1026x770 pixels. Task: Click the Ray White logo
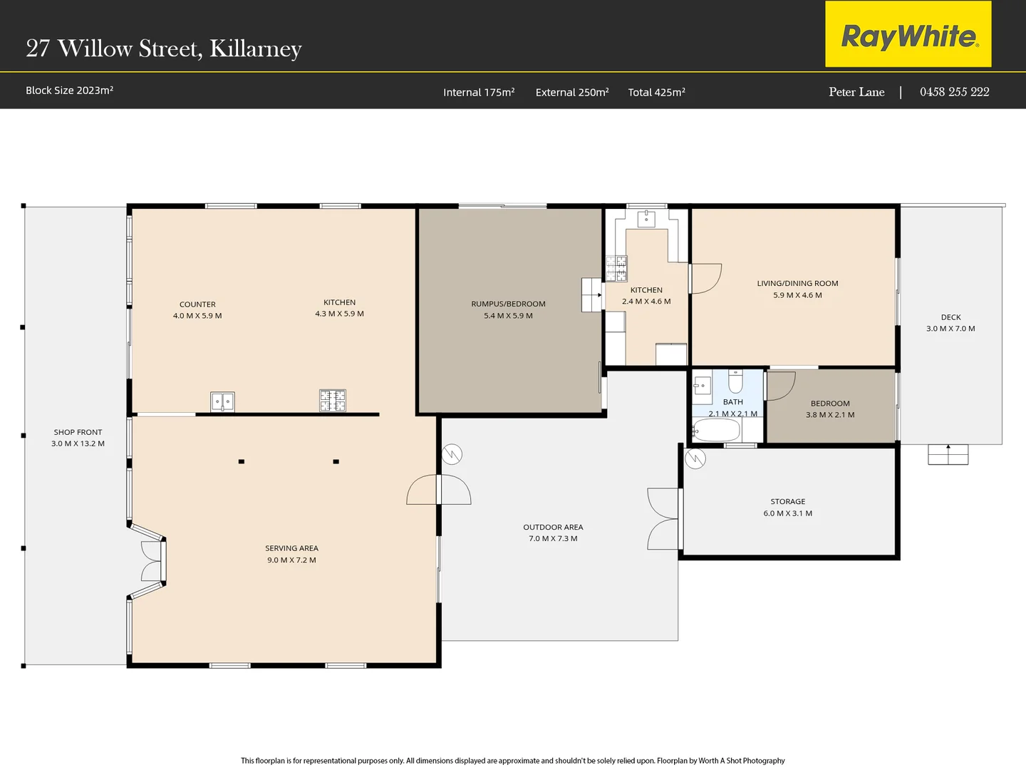click(x=908, y=35)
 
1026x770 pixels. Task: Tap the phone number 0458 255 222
click(x=954, y=92)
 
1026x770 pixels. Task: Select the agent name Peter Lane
click(x=856, y=92)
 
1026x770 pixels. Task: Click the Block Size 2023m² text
click(x=70, y=91)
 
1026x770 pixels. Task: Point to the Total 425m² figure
click(x=656, y=92)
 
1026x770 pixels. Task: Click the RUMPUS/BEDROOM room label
click(x=508, y=304)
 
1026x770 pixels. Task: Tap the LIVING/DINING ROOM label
click(x=797, y=283)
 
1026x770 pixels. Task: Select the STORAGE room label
click(x=787, y=501)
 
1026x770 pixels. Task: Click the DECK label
click(x=950, y=317)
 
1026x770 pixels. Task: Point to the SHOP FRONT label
click(x=78, y=432)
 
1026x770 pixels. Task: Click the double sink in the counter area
click(x=222, y=402)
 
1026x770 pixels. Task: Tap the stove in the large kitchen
click(x=332, y=401)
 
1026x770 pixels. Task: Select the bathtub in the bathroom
click(x=717, y=431)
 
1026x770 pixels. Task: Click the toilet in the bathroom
click(x=735, y=382)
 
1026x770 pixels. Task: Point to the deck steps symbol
click(x=948, y=454)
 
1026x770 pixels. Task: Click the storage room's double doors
click(x=664, y=519)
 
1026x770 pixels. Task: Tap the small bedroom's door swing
click(x=779, y=386)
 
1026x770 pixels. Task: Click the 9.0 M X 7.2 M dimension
click(x=291, y=560)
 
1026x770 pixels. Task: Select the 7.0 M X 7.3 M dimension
click(x=553, y=538)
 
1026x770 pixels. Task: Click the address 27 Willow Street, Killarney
click(x=164, y=48)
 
